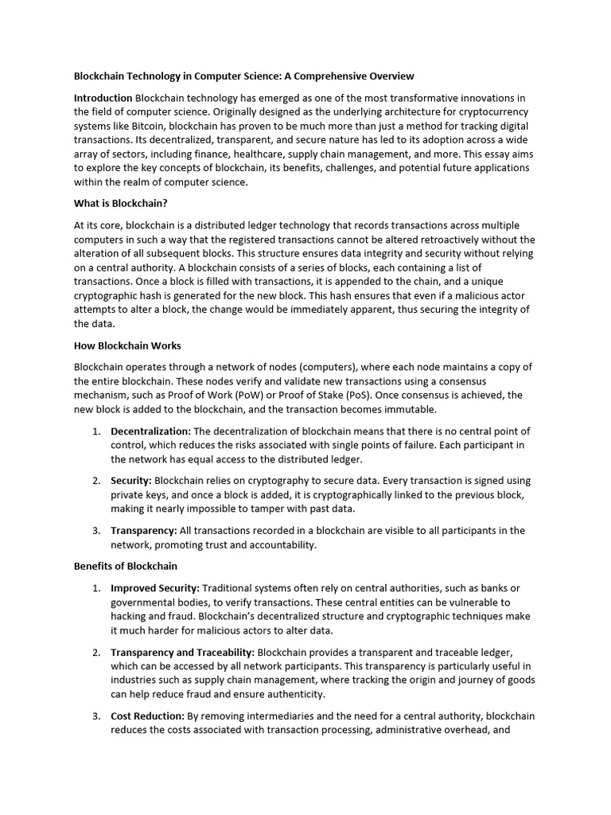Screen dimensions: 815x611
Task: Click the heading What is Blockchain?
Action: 121,203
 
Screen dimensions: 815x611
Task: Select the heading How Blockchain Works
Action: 127,345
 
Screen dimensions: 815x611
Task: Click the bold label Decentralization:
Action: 151,431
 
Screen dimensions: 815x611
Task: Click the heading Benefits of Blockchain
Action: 126,566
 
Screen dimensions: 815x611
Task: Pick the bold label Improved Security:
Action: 155,587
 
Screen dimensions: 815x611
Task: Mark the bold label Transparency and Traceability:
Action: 182,652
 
